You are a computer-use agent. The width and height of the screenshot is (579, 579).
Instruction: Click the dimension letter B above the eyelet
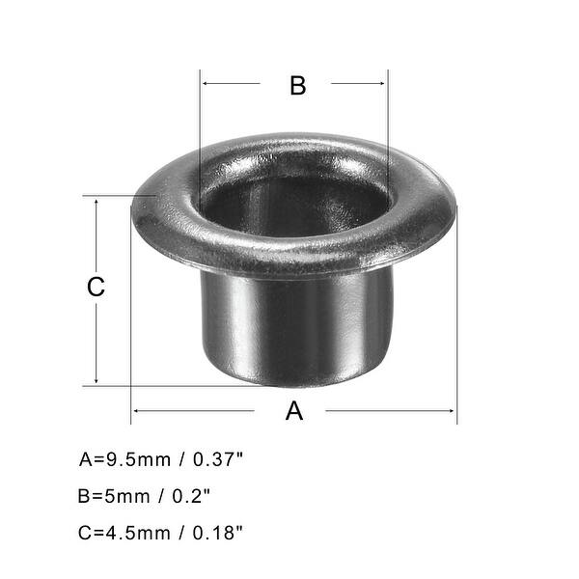pyautogui.click(x=297, y=85)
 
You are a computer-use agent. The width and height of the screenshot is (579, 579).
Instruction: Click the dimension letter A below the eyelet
pyautogui.click(x=294, y=411)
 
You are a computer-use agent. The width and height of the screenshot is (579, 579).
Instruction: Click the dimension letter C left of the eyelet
pyautogui.click(x=96, y=288)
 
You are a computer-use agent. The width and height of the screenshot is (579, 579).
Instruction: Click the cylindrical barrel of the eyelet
pyautogui.click(x=294, y=323)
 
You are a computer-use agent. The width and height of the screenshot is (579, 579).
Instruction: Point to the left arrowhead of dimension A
pyautogui.click(x=136, y=411)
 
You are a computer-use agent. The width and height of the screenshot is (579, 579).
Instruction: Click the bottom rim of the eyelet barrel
pyautogui.click(x=294, y=379)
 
